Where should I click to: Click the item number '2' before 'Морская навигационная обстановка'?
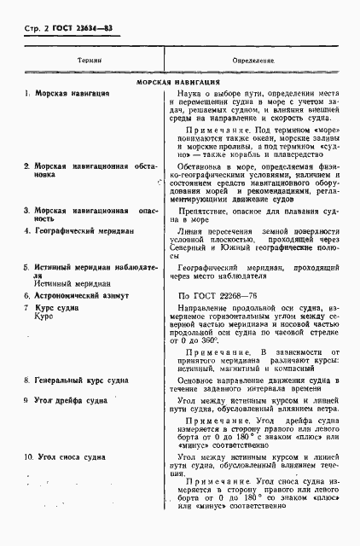(x=26, y=166)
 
